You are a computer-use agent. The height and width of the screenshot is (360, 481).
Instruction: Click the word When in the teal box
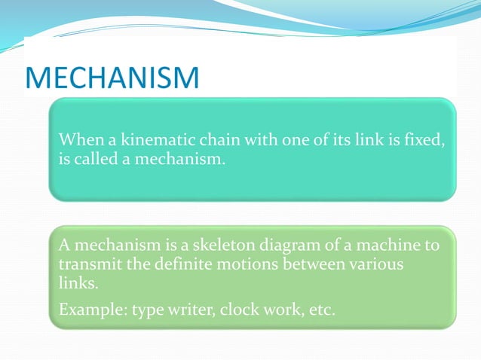click(x=79, y=140)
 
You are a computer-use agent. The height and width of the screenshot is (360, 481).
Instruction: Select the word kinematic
click(x=142, y=140)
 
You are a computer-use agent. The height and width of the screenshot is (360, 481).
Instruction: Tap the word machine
click(x=394, y=246)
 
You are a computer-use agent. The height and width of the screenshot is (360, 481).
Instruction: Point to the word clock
click(x=239, y=310)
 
